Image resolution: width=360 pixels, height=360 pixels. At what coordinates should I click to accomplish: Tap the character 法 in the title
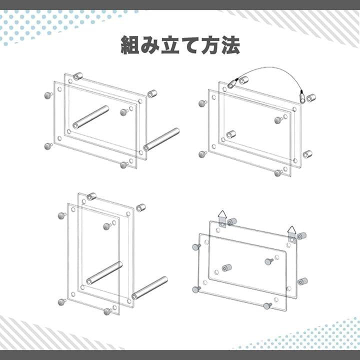click(230, 45)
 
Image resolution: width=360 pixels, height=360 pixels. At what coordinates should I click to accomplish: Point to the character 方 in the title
click(210, 45)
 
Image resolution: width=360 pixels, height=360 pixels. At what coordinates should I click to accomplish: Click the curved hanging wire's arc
click(271, 67)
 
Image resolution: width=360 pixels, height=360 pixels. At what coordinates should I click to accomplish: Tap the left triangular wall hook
click(222, 218)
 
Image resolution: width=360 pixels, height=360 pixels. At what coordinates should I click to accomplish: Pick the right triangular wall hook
click(291, 234)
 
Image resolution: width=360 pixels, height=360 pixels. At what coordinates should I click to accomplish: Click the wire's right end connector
click(302, 97)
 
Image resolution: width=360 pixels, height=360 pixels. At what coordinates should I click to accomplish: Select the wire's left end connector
click(232, 83)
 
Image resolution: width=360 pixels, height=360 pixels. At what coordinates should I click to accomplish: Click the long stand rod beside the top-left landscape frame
click(161, 139)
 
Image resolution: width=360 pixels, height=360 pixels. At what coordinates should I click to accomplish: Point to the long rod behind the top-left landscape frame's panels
click(90, 117)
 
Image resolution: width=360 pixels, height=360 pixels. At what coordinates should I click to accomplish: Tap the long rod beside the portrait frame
click(149, 288)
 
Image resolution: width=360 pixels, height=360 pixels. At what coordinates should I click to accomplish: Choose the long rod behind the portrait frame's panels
click(104, 273)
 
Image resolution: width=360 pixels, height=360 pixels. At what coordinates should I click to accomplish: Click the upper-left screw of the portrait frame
click(62, 215)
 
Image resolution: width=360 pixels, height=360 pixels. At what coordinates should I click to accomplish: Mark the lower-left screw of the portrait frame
click(62, 302)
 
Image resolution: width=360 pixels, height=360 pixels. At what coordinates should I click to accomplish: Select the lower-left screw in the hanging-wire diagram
click(202, 154)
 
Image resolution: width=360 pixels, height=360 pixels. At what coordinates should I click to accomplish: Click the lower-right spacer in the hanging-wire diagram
click(307, 154)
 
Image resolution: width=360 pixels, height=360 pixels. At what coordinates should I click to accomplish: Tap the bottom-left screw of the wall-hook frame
click(196, 289)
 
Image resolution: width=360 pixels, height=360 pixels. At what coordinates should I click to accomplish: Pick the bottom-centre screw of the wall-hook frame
click(267, 306)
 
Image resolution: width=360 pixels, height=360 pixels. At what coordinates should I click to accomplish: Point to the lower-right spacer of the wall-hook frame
click(303, 281)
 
